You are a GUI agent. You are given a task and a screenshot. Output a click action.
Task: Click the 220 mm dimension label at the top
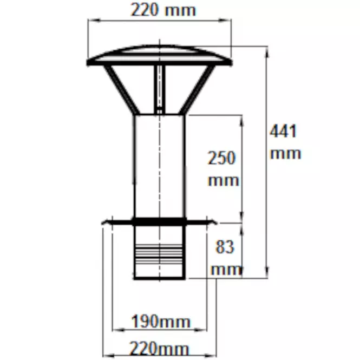tap(163, 10)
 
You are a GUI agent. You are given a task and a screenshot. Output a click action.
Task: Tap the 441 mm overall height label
tap(285, 142)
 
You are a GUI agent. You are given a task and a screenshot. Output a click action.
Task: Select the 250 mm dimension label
tap(223, 168)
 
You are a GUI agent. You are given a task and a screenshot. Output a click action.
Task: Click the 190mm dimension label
tap(161, 322)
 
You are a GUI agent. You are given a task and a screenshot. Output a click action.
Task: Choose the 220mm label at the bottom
tap(159, 349)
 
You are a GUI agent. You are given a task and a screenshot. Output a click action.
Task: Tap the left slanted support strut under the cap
tap(121, 89)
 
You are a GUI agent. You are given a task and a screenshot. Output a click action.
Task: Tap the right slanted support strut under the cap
tap(197, 89)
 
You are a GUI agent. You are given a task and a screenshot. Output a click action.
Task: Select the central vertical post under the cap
tap(160, 89)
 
